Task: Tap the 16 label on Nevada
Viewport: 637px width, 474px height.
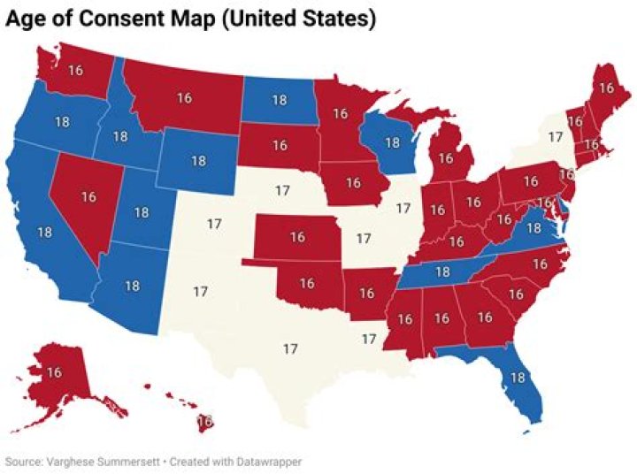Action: [88, 196]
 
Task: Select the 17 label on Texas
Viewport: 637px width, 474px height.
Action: [289, 348]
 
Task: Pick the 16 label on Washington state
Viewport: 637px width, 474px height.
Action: [75, 70]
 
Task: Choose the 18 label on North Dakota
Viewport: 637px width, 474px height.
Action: [279, 100]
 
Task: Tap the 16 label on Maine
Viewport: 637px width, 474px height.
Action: [606, 88]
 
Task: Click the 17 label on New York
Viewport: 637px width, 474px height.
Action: [555, 137]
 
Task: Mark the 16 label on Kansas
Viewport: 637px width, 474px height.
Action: [297, 237]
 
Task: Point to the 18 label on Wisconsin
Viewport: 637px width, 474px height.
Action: [393, 143]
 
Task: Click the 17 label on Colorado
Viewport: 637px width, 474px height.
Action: [214, 224]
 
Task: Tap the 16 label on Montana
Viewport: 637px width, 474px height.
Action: [185, 97]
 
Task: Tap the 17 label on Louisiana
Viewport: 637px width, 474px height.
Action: [369, 339]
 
